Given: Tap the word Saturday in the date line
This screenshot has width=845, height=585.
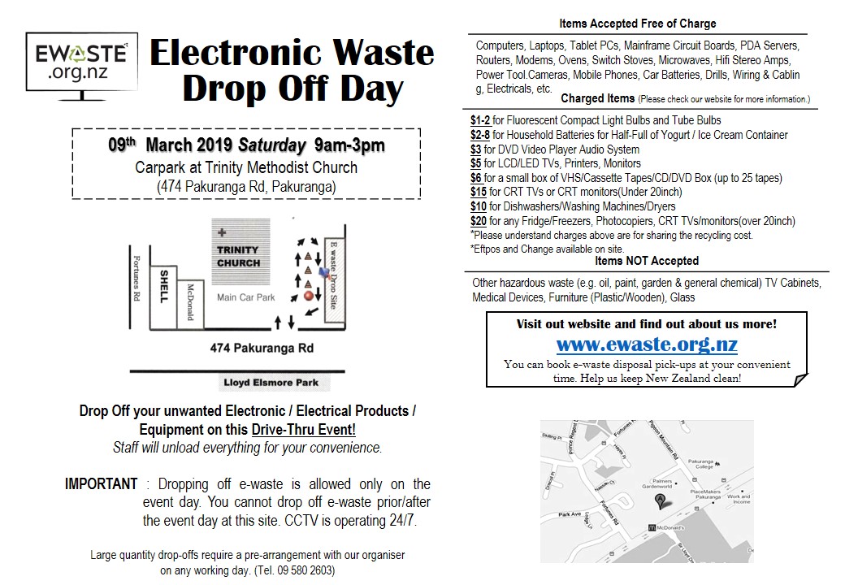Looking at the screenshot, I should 267,146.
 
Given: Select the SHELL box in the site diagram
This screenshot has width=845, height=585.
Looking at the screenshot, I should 163,286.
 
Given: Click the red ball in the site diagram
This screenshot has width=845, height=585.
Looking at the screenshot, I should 309,297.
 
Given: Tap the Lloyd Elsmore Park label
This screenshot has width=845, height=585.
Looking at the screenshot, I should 271,383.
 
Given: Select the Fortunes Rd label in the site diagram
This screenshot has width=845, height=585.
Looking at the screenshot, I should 136,277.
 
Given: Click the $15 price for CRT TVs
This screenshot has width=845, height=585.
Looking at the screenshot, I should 479,193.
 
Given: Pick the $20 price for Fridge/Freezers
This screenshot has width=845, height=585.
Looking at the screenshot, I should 479,221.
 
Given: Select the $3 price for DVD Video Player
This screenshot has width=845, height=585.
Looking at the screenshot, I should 476,149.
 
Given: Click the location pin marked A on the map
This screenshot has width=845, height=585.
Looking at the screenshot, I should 661,500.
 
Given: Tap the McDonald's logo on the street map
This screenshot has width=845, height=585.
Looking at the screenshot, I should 652,527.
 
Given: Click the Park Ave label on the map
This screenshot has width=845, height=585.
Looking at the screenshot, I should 570,514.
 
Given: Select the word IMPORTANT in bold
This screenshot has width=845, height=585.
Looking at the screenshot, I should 102,484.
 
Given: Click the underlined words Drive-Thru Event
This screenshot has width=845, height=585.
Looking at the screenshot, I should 303,430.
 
